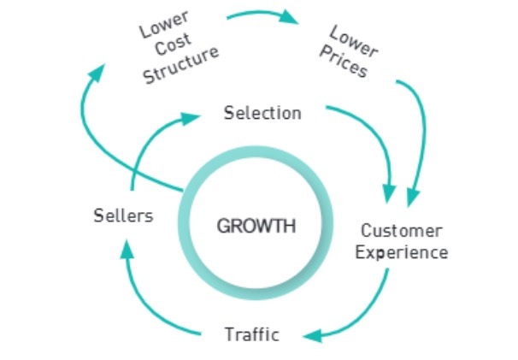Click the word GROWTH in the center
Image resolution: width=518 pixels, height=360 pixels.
coord(256,227)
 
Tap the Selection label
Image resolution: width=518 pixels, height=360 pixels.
coord(262,112)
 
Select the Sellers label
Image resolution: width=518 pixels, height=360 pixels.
coord(123,215)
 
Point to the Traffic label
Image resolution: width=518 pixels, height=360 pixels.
coord(251,333)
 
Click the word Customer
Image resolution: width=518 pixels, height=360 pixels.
coord(402,231)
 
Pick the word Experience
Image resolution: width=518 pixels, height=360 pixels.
coord(402,252)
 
